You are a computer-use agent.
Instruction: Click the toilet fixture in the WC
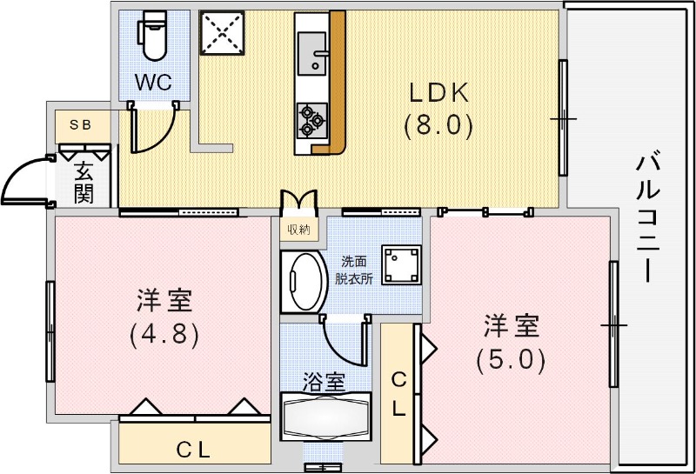(x=155, y=37)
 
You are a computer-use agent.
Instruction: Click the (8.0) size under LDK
(x=438, y=127)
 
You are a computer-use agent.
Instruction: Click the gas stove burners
(x=311, y=120)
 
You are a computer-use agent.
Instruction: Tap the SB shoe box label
(x=80, y=124)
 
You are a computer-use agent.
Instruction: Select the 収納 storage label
(x=298, y=230)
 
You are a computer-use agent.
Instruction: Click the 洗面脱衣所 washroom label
(x=357, y=270)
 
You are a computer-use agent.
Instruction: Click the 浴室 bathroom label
(x=325, y=381)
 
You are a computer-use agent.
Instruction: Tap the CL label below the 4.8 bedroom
(x=195, y=450)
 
